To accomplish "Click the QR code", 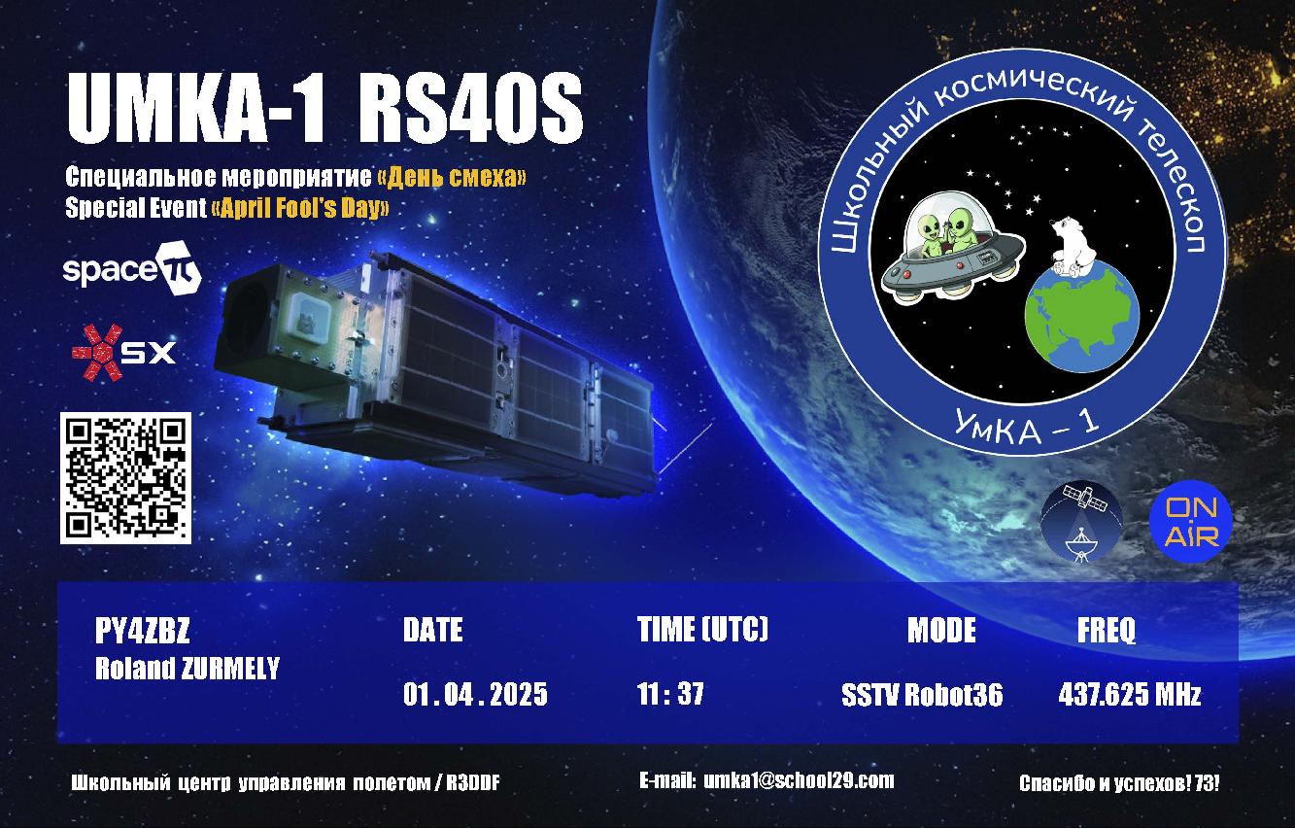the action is tap(125, 478).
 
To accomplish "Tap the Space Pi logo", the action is tap(132, 268).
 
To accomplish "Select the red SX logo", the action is tap(123, 352).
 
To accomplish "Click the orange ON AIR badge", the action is tap(1190, 521).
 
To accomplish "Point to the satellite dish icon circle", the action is tap(1081, 522).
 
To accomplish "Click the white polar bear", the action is tap(1071, 246).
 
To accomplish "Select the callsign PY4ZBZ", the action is tap(142, 631).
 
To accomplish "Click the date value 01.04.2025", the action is tap(475, 694).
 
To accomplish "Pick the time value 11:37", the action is tap(670, 694).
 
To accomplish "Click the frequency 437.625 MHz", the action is tap(1129, 694).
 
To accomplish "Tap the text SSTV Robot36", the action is tap(922, 695).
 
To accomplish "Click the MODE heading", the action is tap(941, 630).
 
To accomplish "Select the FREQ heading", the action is tap(1106, 631).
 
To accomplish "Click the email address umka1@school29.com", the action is tap(799, 781).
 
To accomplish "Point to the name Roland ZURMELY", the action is tap(187, 669).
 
